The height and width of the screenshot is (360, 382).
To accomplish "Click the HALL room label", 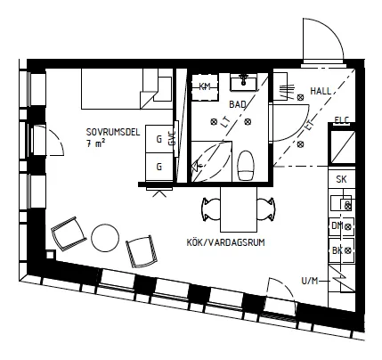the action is [321, 91].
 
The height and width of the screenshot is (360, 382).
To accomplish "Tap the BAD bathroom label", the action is [238, 104].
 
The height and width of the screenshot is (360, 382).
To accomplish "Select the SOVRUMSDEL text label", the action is [113, 132].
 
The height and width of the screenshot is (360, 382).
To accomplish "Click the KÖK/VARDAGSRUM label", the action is [225, 242].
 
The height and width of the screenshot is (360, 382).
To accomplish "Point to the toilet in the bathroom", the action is [246, 166].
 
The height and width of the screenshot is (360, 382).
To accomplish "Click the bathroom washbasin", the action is [244, 82].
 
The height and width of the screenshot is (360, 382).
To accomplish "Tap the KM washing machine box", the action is [205, 86].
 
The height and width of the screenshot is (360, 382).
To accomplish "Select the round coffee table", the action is [105, 238].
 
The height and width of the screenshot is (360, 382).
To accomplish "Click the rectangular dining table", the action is [239, 209].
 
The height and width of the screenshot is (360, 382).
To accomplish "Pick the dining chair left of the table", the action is [211, 209].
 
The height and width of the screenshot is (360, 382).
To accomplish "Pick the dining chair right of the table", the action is [266, 209].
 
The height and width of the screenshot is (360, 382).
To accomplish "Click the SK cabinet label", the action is [341, 179].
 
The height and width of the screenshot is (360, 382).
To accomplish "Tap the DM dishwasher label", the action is [337, 226].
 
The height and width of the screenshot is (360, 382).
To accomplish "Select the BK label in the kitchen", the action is [337, 250].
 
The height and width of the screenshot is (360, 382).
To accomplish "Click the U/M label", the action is [310, 281].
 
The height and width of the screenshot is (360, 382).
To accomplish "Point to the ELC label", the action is [342, 119].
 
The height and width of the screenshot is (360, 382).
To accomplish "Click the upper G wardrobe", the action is [159, 139].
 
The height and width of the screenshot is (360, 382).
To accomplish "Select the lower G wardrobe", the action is [159, 167].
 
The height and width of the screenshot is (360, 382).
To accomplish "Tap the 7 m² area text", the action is [95, 143].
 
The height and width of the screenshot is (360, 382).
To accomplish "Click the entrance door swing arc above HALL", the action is [333, 30].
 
